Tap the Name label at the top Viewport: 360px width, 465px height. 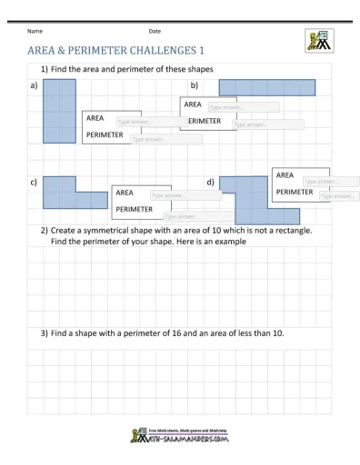click(x=35, y=32)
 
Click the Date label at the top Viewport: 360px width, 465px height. click(x=155, y=32)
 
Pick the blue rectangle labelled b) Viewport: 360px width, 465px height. click(x=266, y=87)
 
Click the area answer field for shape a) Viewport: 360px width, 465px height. click(x=140, y=122)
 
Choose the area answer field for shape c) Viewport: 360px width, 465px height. click(x=174, y=195)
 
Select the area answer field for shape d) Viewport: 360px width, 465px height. click(x=330, y=181)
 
